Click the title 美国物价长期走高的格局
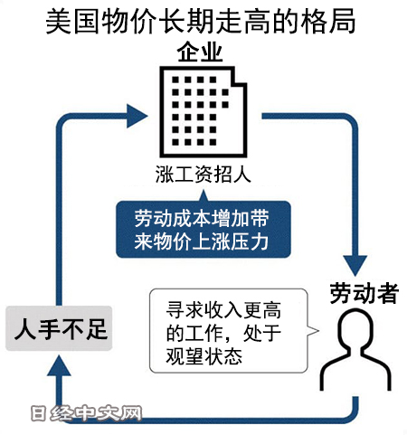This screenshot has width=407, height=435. click(201, 22)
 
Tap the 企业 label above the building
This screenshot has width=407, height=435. click(200, 52)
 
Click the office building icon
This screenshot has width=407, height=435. click(203, 111)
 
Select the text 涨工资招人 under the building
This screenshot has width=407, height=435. click(203, 175)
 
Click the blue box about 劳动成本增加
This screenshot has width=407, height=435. click(203, 229)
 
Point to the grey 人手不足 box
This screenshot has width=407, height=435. click(59, 328)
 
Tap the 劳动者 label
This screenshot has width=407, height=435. click(364, 293)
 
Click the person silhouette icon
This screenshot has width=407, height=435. click(355, 350)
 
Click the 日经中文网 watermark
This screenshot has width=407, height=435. click(86, 413)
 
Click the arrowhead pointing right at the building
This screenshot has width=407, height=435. click(137, 116)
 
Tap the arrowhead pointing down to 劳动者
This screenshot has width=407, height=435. click(355, 265)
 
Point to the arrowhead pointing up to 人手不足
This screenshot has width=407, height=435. click(59, 365)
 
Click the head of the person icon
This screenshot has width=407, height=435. click(355, 327)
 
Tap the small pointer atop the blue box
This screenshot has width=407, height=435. click(203, 195)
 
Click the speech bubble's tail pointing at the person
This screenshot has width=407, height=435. click(313, 331)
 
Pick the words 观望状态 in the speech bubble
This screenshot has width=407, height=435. click(204, 356)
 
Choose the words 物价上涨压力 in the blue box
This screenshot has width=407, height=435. click(211, 241)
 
